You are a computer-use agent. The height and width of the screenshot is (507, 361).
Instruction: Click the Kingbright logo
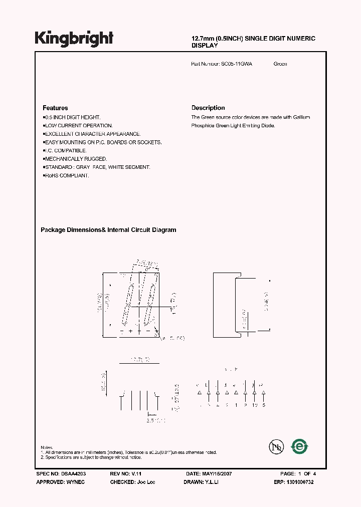[x=74, y=39]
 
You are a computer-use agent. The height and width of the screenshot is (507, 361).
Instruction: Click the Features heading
[x=55, y=108]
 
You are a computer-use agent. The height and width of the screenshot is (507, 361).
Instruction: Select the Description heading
[x=208, y=108]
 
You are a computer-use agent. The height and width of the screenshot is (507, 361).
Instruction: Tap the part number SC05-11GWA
[x=237, y=64]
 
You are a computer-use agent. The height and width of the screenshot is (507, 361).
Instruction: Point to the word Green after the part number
[x=280, y=64]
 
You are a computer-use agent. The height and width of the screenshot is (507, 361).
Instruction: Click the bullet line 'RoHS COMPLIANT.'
[x=67, y=176]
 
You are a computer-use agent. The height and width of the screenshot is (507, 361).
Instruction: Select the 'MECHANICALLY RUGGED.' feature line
[x=76, y=159]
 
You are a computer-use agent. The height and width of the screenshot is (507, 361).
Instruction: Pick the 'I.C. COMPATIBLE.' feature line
[x=66, y=150]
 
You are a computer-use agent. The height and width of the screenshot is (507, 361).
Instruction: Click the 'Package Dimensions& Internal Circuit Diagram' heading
[x=108, y=230]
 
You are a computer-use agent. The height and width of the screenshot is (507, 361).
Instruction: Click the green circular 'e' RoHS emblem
[x=300, y=446]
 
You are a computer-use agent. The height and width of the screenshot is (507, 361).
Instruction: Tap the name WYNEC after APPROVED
[x=76, y=482]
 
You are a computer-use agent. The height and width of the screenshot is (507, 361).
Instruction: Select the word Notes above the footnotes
[x=47, y=447]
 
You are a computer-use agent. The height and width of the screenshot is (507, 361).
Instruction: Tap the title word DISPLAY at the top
[x=205, y=46]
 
